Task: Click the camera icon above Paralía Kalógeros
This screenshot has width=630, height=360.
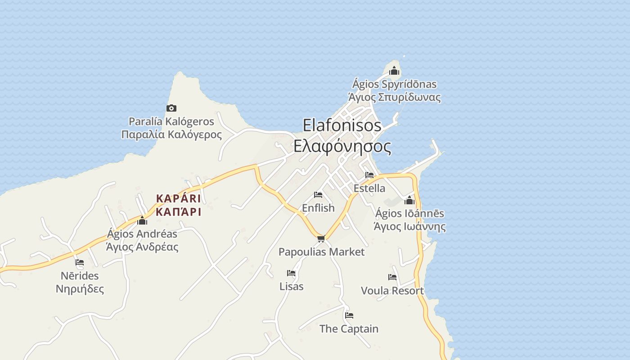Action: click(171, 108)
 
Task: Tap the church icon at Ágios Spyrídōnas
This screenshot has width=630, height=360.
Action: click(394, 71)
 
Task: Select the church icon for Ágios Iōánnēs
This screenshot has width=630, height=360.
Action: click(409, 200)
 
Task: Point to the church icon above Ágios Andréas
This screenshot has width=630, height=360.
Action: click(142, 220)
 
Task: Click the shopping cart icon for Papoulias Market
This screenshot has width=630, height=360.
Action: click(321, 238)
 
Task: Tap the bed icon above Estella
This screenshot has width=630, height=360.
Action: click(369, 175)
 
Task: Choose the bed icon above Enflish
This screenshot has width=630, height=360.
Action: click(318, 195)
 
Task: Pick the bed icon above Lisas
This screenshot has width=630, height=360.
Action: click(291, 273)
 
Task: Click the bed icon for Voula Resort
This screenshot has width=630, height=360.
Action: click(392, 277)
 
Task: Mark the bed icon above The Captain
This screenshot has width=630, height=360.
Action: click(349, 315)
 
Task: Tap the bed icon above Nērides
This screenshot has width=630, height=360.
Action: click(80, 262)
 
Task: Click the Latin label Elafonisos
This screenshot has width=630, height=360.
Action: click(342, 125)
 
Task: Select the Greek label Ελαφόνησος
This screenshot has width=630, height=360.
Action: click(342, 146)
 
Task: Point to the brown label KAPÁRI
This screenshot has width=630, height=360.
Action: click(178, 198)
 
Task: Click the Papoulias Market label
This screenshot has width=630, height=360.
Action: click(321, 252)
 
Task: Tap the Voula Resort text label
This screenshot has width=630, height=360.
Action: click(392, 291)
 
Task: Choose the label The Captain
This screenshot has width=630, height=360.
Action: click(349, 329)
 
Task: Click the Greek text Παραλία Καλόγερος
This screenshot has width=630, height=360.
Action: click(171, 135)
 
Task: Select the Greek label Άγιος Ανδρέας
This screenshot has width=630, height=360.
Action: click(142, 247)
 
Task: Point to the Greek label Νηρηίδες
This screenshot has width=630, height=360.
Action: click(80, 288)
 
